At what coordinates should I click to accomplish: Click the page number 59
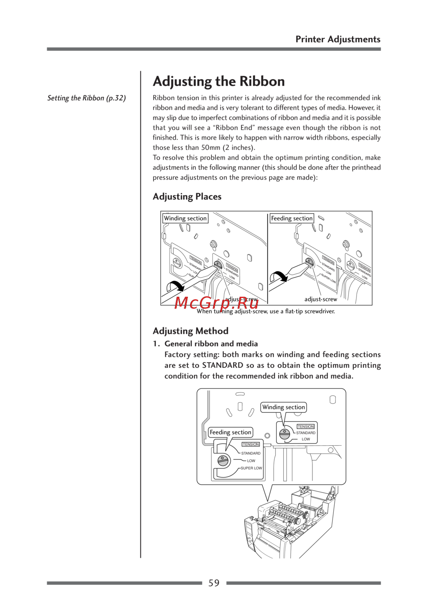click(214, 583)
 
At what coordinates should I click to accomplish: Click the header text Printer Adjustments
click(338, 39)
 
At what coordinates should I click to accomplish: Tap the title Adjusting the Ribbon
click(219, 81)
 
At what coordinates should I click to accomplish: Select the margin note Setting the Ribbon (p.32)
click(86, 98)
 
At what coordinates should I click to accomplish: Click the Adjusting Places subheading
click(187, 197)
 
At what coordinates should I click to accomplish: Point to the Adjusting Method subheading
click(190, 331)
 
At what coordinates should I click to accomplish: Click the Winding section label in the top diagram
click(185, 218)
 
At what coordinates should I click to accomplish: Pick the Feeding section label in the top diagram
click(292, 218)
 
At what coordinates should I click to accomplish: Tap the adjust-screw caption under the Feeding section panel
click(321, 299)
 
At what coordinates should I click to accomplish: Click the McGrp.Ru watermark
click(217, 303)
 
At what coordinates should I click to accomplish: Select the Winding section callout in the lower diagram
click(283, 407)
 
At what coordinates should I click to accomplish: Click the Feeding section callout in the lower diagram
click(230, 432)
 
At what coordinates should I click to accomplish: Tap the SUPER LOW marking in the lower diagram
click(251, 468)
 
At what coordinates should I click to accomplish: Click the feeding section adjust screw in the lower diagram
click(223, 461)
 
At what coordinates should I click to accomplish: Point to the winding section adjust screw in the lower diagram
click(285, 435)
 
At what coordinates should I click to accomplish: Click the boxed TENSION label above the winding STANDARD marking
click(306, 426)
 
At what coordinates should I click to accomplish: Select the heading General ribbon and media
click(211, 344)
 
